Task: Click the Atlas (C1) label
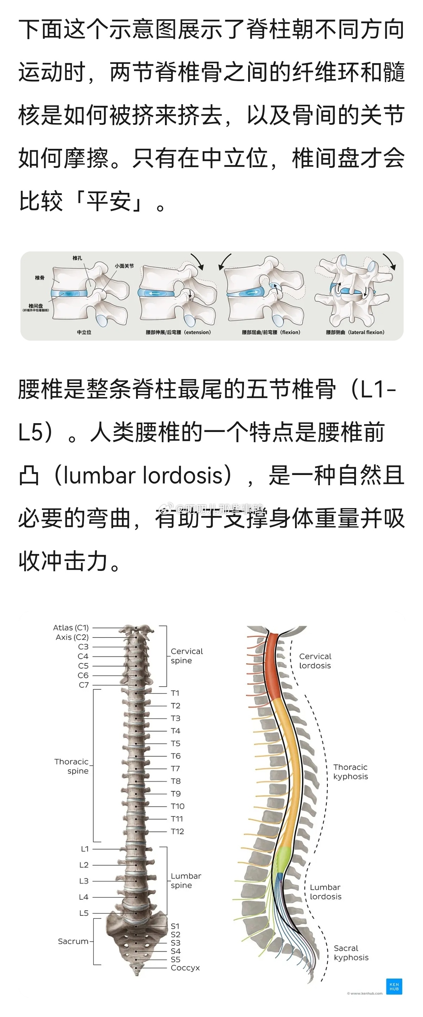point(71,627)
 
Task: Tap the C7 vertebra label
point(84,684)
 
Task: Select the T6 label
point(176,756)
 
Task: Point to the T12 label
point(177,831)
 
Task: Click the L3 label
point(84,881)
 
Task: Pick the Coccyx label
point(185,968)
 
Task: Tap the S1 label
point(175,926)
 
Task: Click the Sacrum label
point(73,941)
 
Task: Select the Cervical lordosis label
point(315,660)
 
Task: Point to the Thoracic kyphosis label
point(350,772)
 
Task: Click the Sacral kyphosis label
point(351,953)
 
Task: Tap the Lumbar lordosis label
point(326,891)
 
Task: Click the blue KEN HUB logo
point(394,986)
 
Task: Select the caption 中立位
point(84,333)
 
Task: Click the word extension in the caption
point(198,333)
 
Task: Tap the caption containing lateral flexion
point(355,333)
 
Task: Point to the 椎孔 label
point(77,258)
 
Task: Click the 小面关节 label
point(124,266)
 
